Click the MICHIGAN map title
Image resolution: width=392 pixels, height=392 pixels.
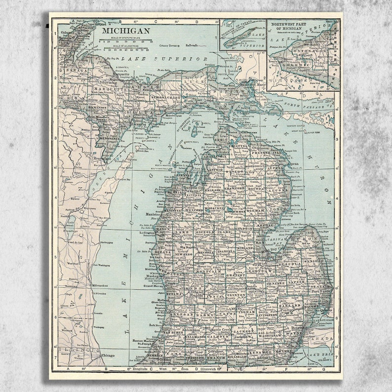coord(119,31)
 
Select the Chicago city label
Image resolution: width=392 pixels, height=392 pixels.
coord(108,355)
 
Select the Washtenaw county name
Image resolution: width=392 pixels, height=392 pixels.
coord(272,335)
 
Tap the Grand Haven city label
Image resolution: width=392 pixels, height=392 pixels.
coord(154,286)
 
